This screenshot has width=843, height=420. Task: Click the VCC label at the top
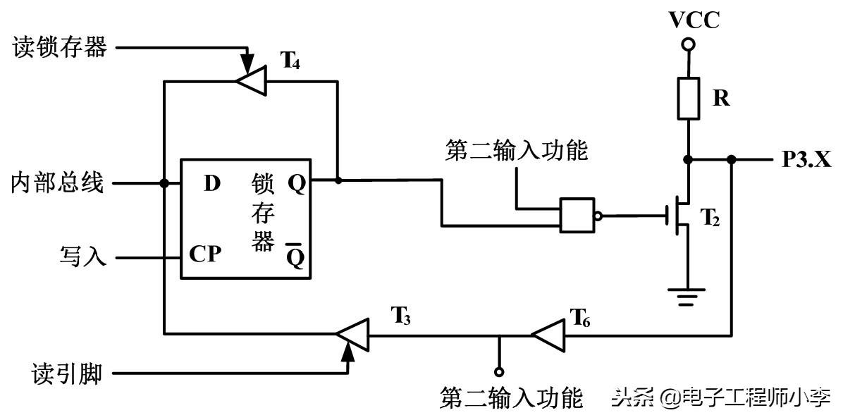694,20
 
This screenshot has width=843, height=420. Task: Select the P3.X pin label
806,160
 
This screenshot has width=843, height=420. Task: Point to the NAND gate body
577,215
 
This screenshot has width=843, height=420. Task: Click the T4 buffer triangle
250,82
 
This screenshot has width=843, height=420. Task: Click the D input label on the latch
211,184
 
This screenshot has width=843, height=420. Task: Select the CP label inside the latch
205,254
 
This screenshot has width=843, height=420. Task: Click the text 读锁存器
60,48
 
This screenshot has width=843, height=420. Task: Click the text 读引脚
68,373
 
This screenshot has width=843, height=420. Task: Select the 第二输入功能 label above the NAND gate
517,150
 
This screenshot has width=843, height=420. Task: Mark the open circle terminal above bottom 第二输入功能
499,371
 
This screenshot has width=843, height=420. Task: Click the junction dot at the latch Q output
338,180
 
